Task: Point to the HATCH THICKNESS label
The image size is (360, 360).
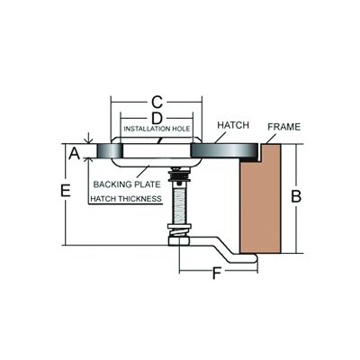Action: coord(126,198)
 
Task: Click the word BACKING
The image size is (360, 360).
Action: coord(110,184)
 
